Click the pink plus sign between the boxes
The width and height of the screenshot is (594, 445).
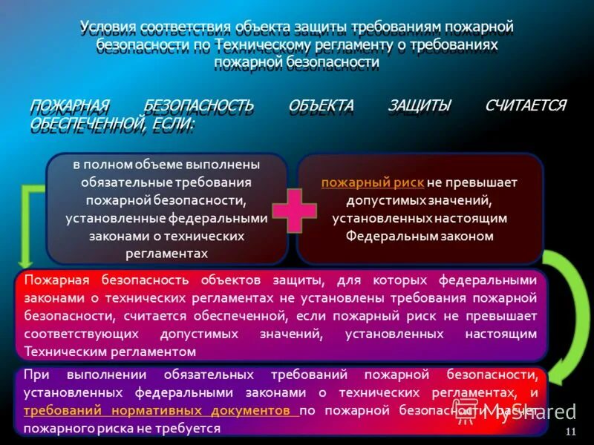coord(293,209)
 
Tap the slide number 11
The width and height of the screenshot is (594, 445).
coord(571,432)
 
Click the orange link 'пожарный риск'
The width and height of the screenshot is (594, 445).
coord(373,182)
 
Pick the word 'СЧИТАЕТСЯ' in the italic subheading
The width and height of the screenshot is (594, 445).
coord(525,105)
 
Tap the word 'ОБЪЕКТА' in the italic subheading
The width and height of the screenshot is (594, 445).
coord(321,105)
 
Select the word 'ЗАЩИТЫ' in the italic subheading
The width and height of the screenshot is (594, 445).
coord(420,105)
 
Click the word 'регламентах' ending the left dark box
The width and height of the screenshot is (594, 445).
coord(166,254)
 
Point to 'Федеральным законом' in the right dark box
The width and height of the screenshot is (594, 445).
coord(420,236)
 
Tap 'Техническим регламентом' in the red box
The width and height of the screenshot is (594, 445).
coord(110,352)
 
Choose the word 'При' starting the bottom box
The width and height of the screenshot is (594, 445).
coord(36,374)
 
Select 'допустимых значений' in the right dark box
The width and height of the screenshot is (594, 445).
coord(420,200)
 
